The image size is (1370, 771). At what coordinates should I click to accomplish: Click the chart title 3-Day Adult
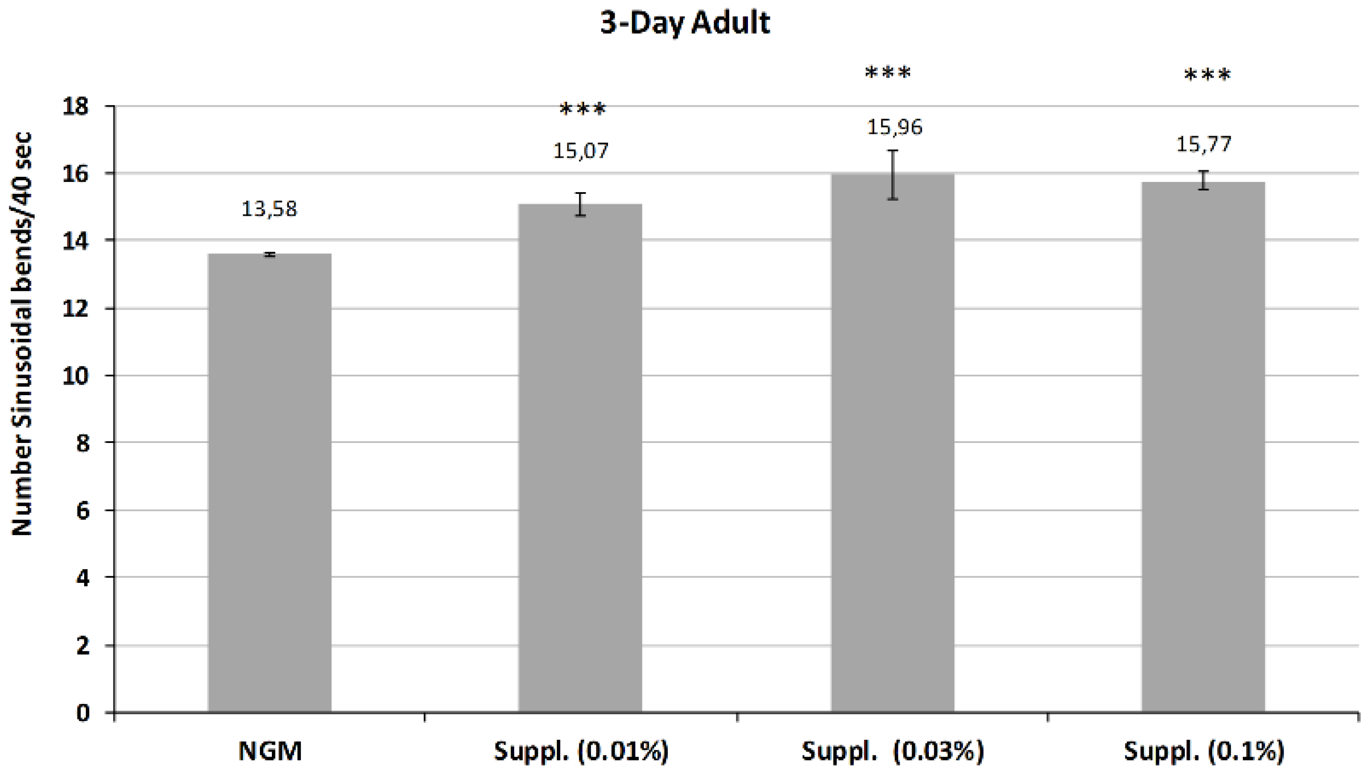[685, 23]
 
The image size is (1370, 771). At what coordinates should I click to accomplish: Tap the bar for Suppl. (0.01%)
[580, 457]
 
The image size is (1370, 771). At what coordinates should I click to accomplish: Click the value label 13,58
[269, 209]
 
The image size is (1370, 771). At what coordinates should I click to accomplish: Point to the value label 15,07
[581, 151]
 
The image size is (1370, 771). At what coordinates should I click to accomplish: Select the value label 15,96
[894, 127]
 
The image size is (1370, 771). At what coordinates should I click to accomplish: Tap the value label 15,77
[1203, 144]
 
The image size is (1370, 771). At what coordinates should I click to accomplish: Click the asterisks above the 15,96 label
[888, 73]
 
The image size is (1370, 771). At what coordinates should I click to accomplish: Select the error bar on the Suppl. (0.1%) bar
[1204, 180]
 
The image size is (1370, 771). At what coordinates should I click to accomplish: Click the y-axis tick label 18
[75, 107]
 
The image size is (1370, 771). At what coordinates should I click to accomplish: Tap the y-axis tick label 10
[75, 376]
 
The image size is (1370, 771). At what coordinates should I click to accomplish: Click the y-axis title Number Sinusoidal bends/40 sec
[22, 334]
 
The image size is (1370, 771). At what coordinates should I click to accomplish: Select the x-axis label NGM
[270, 751]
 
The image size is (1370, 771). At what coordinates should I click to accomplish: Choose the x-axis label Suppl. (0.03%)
[893, 751]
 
